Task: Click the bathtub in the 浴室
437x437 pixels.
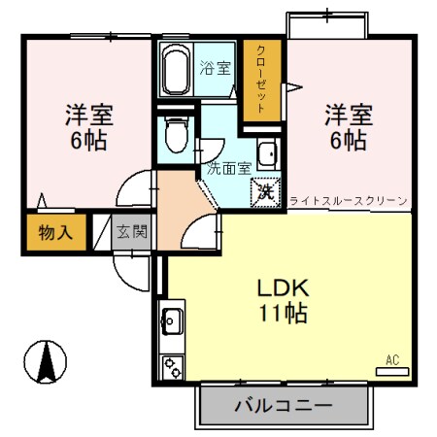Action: [177, 69]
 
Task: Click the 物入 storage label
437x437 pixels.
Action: [54, 232]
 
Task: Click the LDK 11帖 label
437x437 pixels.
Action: [283, 300]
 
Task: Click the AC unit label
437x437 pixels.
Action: [392, 360]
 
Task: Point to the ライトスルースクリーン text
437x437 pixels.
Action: [348, 201]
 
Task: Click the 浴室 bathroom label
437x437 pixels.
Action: [215, 68]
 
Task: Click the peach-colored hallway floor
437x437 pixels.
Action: [175, 209]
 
